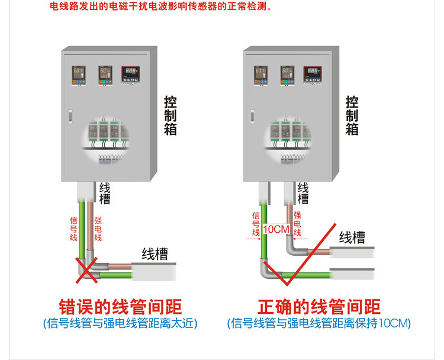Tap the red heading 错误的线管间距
(x=121, y=307)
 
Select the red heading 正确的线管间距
(x=318, y=307)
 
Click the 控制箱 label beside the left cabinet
(x=170, y=115)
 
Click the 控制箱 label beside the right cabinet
(x=352, y=115)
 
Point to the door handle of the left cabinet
(x=69, y=116)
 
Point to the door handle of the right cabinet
(x=252, y=116)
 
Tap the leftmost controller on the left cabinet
(x=79, y=75)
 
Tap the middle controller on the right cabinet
(x=288, y=75)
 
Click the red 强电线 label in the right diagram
(x=297, y=224)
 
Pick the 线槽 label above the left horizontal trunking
(x=155, y=255)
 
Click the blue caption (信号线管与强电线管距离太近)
(x=120, y=324)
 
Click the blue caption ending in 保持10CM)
(x=318, y=324)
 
